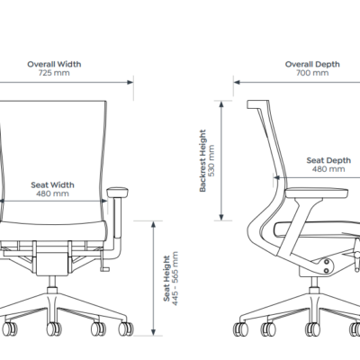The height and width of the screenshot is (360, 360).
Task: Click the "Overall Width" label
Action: click(x=54, y=64)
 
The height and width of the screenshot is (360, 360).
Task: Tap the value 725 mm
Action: click(x=54, y=73)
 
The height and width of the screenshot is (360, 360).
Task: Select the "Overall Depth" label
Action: click(x=312, y=64)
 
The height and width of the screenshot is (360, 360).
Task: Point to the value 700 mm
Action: click(x=312, y=73)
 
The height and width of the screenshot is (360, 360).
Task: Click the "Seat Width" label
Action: click(x=52, y=184)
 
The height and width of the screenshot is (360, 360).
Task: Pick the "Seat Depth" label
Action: click(x=328, y=160)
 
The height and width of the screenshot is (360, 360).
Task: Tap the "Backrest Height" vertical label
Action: click(x=203, y=160)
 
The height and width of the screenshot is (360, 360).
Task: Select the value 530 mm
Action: click(x=211, y=160)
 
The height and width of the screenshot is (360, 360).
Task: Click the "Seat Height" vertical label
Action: click(x=166, y=278)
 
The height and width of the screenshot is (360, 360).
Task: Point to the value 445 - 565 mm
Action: click(x=175, y=278)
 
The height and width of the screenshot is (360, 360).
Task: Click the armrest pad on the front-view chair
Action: click(x=118, y=192)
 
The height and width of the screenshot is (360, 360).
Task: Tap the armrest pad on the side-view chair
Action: click(x=317, y=193)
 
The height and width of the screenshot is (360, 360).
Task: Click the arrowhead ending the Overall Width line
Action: click(x=130, y=82)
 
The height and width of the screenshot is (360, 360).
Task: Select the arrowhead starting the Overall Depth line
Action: click(x=237, y=82)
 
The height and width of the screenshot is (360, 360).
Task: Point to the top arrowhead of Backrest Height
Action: click(x=221, y=104)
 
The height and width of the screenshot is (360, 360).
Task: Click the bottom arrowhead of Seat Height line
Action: click(x=153, y=332)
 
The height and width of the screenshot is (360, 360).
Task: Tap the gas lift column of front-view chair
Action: click(x=52, y=283)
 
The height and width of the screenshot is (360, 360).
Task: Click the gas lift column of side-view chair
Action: click(x=314, y=283)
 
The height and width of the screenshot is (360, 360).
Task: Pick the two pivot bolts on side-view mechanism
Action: click(x=327, y=266)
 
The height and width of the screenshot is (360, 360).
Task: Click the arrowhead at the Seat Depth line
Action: click(x=276, y=177)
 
